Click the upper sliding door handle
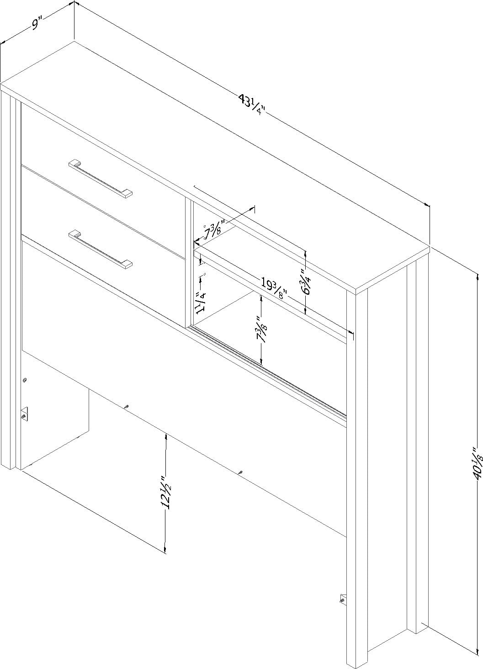click(x=101, y=179)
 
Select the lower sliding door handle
click(x=101, y=249)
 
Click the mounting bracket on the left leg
click(x=25, y=414)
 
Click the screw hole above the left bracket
click(x=25, y=380)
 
